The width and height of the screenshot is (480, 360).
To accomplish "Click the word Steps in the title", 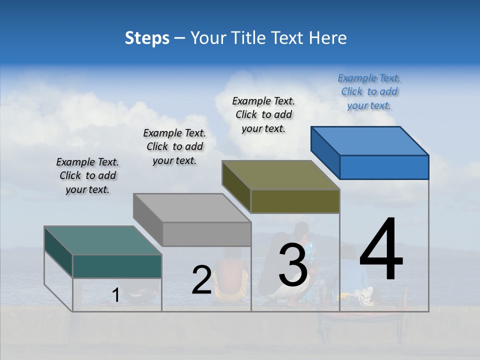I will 147,38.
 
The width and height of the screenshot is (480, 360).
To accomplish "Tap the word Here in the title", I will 328,38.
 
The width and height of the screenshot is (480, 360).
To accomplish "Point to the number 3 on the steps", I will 292,265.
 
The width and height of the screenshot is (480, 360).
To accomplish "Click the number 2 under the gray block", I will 201,280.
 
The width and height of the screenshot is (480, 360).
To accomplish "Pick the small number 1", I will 115,295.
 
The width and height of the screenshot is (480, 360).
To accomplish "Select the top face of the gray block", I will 192,208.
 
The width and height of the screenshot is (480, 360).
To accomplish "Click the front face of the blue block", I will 384,167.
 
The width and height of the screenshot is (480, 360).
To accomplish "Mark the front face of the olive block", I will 295,201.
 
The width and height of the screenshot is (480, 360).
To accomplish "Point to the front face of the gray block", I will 206,234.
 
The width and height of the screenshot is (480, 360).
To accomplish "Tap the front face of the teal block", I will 117,266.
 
